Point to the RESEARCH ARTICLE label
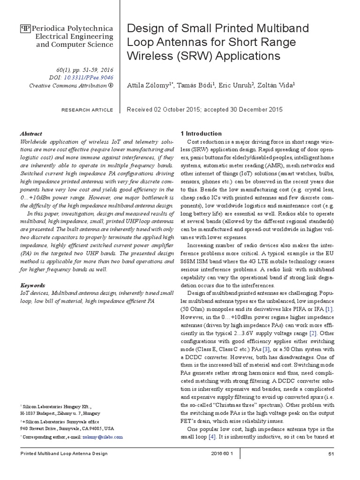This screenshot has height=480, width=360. [87, 110]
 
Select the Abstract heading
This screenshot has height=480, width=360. [31, 134]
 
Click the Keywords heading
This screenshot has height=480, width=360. [33, 285]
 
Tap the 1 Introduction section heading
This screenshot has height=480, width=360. [202, 134]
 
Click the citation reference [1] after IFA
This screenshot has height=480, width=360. [330, 310]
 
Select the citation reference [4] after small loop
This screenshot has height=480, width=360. [212, 437]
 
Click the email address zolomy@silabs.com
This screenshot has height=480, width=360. [102, 436]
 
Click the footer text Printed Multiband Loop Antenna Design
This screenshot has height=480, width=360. [64, 454]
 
